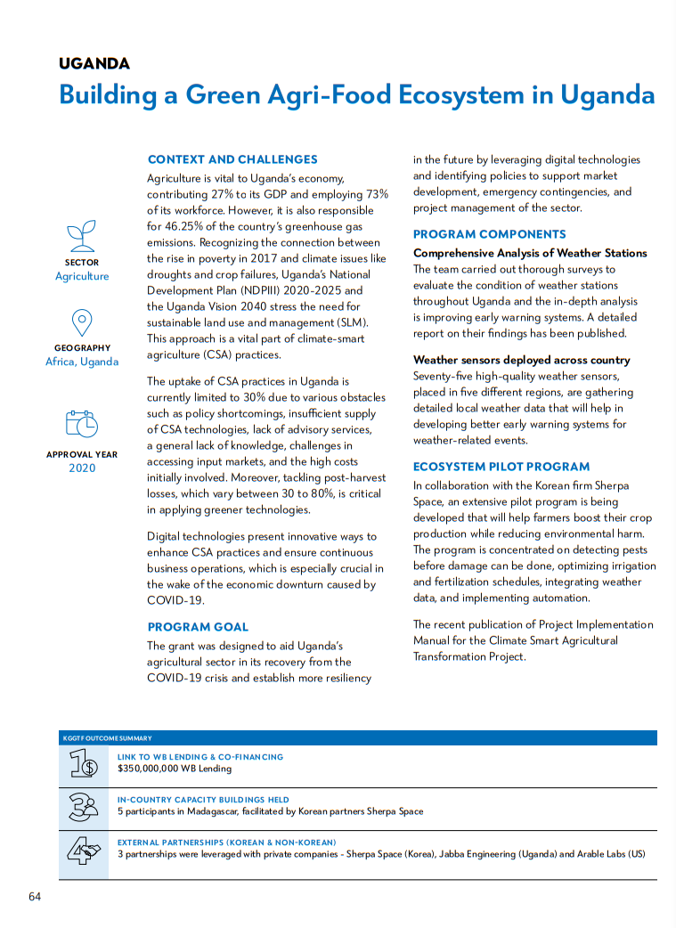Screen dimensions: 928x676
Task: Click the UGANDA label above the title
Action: point(94,63)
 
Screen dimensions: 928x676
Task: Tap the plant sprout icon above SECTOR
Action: point(81,235)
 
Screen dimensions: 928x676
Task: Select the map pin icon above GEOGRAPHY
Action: point(81,322)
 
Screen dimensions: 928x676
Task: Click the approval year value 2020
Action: point(82,468)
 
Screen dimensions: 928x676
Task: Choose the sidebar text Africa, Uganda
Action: point(82,362)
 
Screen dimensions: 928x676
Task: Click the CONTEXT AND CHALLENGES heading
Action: point(232,159)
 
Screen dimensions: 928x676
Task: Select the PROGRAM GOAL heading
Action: point(198,627)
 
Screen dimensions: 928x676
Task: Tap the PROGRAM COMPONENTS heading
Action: point(489,234)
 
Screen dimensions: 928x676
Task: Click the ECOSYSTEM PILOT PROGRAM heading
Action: point(501,467)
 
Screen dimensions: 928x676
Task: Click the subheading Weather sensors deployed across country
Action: point(521,360)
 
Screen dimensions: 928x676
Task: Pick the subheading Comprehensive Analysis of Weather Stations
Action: point(530,253)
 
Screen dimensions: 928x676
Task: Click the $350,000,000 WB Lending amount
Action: point(175,769)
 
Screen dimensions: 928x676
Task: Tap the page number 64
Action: point(35,896)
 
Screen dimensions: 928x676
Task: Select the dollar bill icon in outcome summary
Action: point(84,764)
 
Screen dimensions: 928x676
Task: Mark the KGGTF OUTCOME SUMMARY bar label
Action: point(107,738)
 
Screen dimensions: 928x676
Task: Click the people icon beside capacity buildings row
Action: point(84,808)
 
